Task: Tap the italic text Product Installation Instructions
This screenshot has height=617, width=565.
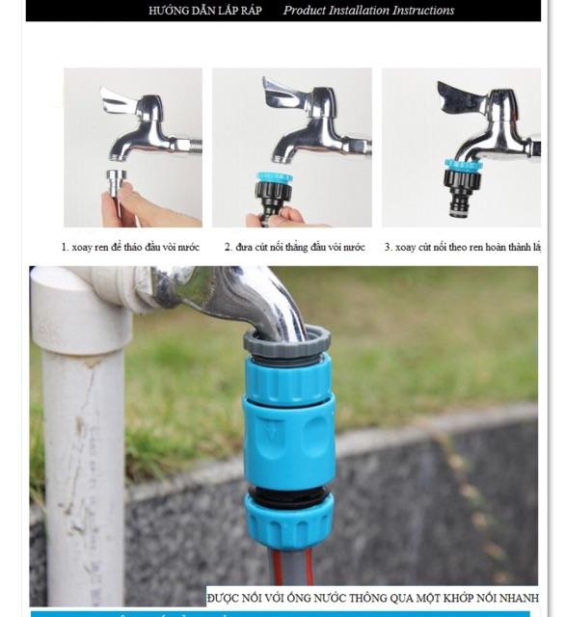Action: [x=368, y=11]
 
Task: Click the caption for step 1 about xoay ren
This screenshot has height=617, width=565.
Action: [x=130, y=248]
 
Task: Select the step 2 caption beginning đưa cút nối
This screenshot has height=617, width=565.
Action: [x=294, y=248]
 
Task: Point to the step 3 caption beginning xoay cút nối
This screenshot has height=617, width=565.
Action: [x=461, y=248]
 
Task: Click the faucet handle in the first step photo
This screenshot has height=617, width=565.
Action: [x=120, y=100]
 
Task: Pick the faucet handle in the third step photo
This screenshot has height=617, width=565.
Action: [x=459, y=97]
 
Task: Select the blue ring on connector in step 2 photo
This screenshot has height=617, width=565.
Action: [x=275, y=177]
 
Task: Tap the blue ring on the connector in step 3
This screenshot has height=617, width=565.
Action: [x=463, y=165]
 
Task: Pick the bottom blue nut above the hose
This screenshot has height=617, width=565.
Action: [x=287, y=522]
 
